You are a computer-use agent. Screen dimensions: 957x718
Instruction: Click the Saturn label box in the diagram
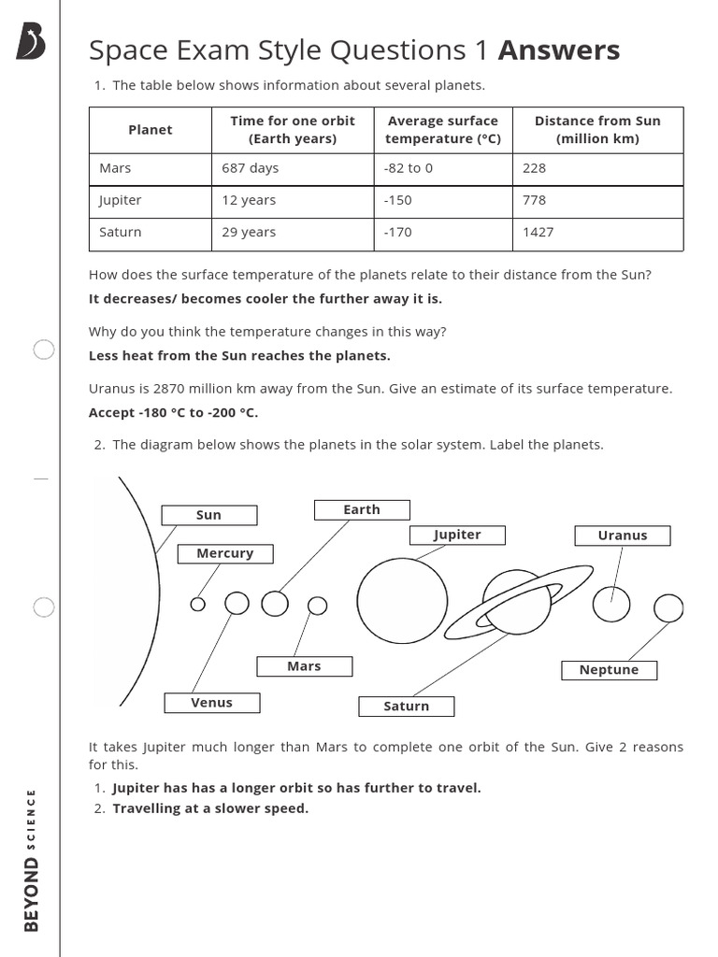tap(407, 707)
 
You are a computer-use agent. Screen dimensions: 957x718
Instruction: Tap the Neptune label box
tap(609, 670)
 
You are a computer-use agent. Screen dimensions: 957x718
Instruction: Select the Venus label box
tap(212, 703)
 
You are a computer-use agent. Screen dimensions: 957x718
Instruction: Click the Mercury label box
tap(225, 553)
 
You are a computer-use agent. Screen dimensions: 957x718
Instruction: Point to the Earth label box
tap(362, 509)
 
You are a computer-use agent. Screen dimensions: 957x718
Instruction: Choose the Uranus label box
tap(623, 536)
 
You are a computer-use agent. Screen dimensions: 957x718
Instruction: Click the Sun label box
tap(208, 515)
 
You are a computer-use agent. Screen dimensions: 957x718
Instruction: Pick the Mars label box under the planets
tap(305, 666)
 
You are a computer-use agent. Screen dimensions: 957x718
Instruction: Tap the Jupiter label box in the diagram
tap(457, 535)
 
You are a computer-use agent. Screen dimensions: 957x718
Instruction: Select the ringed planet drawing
tap(517, 601)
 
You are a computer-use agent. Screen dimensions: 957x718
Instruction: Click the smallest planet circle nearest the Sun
tap(197, 604)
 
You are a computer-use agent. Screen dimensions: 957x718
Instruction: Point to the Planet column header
tap(151, 130)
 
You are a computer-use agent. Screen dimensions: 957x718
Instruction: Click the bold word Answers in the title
tap(558, 50)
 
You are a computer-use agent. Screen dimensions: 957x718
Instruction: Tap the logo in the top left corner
tap(32, 42)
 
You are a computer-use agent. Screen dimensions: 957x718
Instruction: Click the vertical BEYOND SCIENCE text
tap(32, 860)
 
